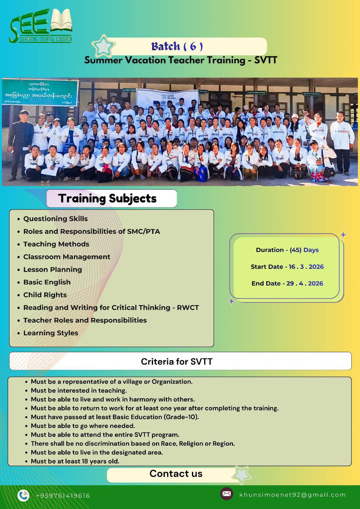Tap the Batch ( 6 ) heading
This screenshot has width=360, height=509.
[x=177, y=46]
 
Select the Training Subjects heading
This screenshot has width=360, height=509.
[x=108, y=199]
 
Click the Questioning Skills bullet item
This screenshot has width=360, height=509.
[x=55, y=219]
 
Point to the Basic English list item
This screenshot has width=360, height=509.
[x=47, y=282]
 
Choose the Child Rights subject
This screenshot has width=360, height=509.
[x=45, y=295]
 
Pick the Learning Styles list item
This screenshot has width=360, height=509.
[x=51, y=333]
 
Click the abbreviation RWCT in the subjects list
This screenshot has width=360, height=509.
[x=188, y=308]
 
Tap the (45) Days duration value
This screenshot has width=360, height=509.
[x=304, y=250]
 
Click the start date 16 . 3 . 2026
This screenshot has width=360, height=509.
[x=306, y=267]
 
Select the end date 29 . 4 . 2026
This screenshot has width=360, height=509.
[x=305, y=283]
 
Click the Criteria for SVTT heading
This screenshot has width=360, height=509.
[x=177, y=362]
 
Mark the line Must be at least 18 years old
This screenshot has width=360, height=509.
[x=75, y=461]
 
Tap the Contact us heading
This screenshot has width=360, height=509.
[x=176, y=474]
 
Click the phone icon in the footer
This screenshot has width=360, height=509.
[x=23, y=495]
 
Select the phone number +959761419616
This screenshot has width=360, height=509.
[x=63, y=496]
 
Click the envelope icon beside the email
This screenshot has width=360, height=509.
[x=227, y=494]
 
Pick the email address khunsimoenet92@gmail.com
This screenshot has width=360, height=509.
[x=293, y=495]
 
